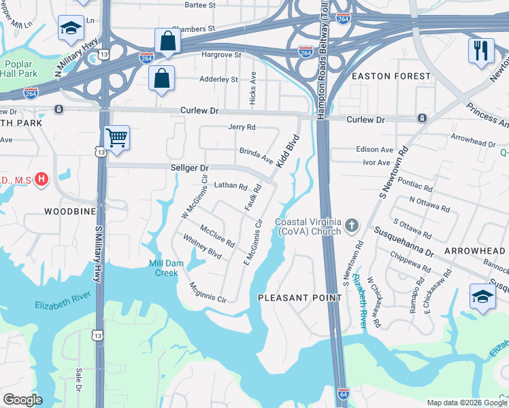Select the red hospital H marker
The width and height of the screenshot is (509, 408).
coord(42,180)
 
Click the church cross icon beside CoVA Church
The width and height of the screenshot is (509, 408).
coord(352,224)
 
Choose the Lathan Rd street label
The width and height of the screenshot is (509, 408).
coord(229,185)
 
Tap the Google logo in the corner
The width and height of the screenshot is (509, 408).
coord(22,400)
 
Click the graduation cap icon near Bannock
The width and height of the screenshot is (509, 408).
coord(482,297)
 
